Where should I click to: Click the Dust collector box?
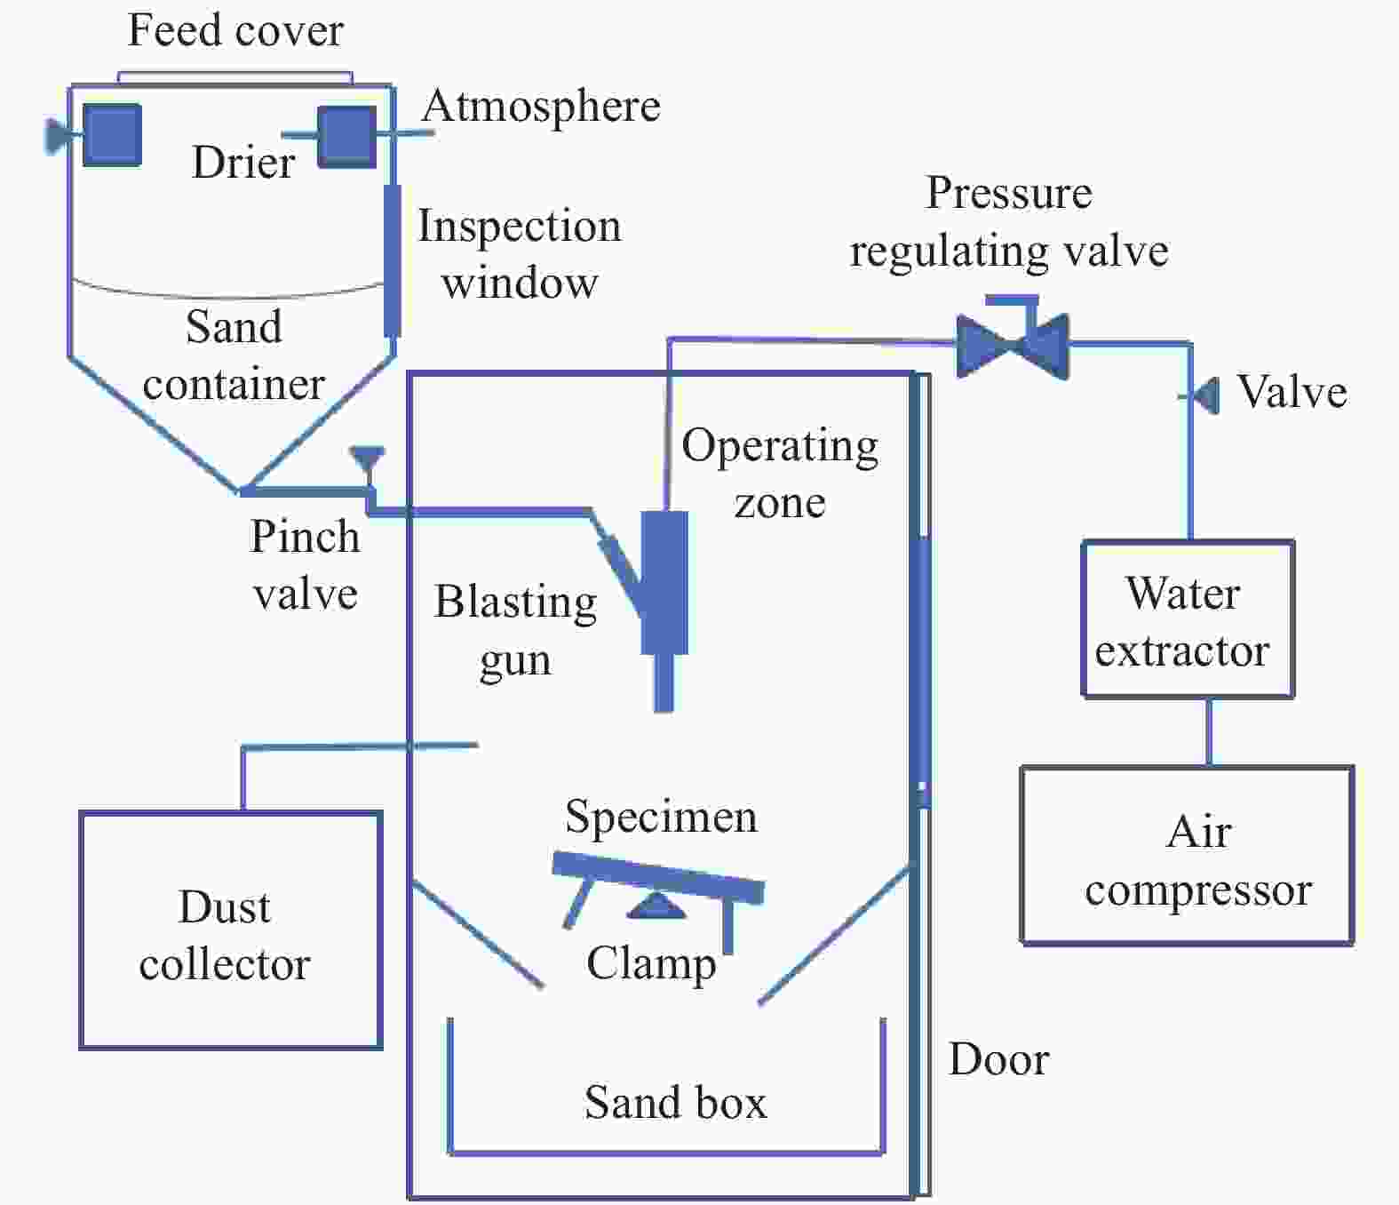pyautogui.click(x=231, y=930)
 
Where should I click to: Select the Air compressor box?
pyautogui.click(x=1188, y=855)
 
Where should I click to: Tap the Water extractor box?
pyautogui.click(x=1188, y=618)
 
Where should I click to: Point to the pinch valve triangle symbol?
pyautogui.click(x=368, y=459)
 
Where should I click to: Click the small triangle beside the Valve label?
pyautogui.click(x=1206, y=395)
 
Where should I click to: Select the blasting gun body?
pyautogui.click(x=664, y=583)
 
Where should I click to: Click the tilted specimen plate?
pyautogui.click(x=658, y=877)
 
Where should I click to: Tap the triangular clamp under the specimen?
pyautogui.click(x=656, y=906)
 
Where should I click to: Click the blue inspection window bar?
pyautogui.click(x=392, y=260)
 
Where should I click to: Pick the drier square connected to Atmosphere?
pyautogui.click(x=346, y=137)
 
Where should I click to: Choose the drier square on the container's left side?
pyautogui.click(x=112, y=135)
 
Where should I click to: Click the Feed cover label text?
pyautogui.click(x=235, y=30)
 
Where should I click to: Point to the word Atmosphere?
pyautogui.click(x=541, y=108)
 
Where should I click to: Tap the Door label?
pyautogui.click(x=998, y=1058)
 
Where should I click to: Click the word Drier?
pyautogui.click(x=243, y=163)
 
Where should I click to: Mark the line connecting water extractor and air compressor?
pyautogui.click(x=1210, y=732)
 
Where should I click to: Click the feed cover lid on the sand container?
pyautogui.click(x=234, y=77)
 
